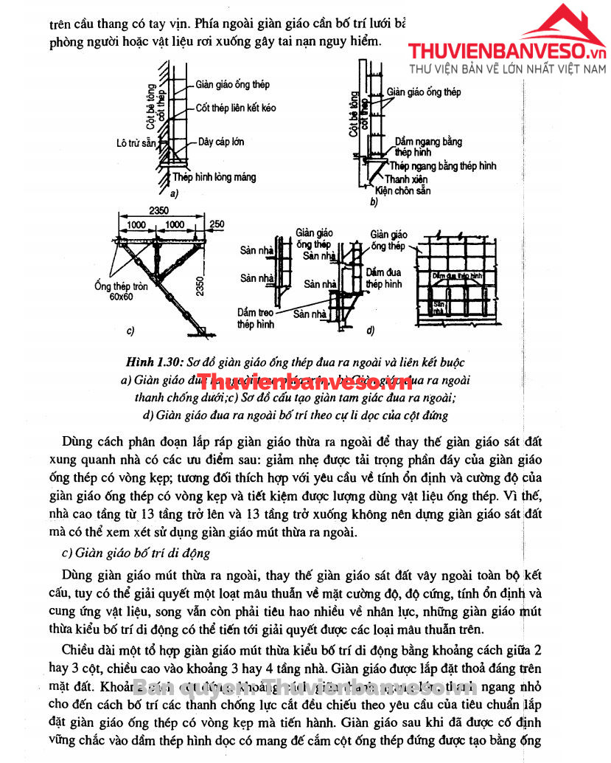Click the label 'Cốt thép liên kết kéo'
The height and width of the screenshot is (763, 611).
point(236,108)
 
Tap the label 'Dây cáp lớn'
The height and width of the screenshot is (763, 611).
point(221,142)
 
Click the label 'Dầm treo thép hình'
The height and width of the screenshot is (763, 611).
point(256,318)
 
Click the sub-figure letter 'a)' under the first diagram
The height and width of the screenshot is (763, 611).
point(175,194)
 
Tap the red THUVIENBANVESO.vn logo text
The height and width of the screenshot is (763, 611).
point(508,51)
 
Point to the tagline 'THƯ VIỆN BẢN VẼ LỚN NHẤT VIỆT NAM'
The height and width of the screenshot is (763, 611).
point(506,71)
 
